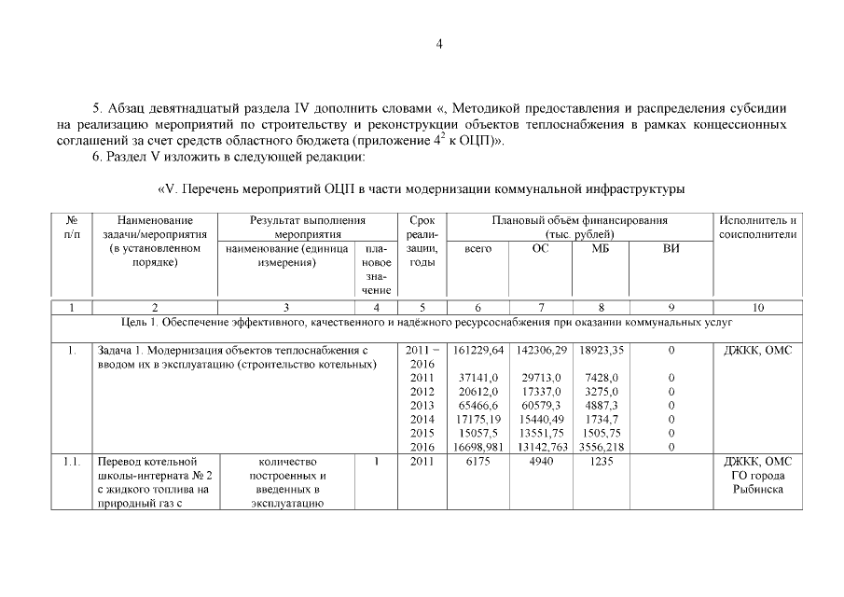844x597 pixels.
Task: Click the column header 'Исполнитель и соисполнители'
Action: [757, 227]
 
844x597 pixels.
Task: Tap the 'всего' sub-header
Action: [477, 249]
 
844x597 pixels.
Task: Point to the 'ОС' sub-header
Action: [540, 249]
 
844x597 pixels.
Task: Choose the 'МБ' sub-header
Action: [600, 249]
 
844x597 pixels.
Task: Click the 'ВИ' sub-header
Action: [671, 249]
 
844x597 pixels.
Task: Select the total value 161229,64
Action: [477, 350]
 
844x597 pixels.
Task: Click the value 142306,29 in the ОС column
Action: [540, 350]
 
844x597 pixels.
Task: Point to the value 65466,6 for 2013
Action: [477, 406]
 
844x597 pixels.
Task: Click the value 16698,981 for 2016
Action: [477, 448]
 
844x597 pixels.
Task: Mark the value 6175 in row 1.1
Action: [477, 462]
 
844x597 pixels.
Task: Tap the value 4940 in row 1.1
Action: [540, 462]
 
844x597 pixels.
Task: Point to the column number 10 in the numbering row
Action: [757, 306]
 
